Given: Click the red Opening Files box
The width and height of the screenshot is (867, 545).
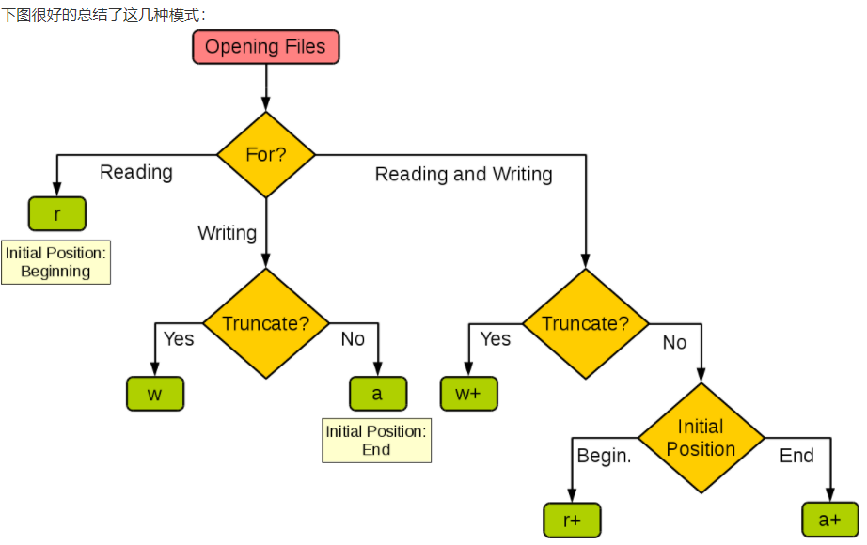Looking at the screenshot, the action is tap(266, 47).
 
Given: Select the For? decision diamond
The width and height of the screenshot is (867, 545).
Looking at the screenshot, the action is tap(266, 155).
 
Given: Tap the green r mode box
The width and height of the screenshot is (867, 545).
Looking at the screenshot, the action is tap(57, 214).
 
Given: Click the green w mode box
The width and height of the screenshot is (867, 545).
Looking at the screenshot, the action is tap(155, 394).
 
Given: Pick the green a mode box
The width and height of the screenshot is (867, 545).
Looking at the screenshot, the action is tap(378, 394).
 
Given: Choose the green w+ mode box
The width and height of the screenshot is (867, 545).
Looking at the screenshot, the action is tap(469, 394).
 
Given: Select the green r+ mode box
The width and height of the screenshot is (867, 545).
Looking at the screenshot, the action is tap(573, 521).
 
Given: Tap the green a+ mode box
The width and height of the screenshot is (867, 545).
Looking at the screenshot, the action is tap(830, 520).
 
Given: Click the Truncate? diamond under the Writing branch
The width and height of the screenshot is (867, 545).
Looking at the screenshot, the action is tap(266, 323).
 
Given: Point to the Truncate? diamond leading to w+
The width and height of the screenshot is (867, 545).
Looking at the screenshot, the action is tap(586, 324).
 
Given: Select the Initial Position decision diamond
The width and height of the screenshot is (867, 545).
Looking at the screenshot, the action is tap(701, 438).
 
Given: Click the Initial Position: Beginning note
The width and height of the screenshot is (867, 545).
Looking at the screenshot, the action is tap(55, 262).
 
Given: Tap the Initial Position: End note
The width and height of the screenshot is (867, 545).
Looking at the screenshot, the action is tap(376, 441).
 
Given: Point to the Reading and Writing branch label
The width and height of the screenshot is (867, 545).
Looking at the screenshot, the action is tap(464, 174).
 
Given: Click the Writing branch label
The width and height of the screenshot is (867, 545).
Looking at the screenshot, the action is tap(228, 233).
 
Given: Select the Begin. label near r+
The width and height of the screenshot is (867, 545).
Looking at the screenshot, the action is tap(604, 456).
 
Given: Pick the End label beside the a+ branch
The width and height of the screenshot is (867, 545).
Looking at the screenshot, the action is tap(796, 456).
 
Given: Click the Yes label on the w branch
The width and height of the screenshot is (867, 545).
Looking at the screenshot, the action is tap(179, 339).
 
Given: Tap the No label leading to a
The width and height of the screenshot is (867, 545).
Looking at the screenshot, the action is tap(353, 339).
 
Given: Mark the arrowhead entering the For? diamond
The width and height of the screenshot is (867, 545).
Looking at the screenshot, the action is tap(266, 104).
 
